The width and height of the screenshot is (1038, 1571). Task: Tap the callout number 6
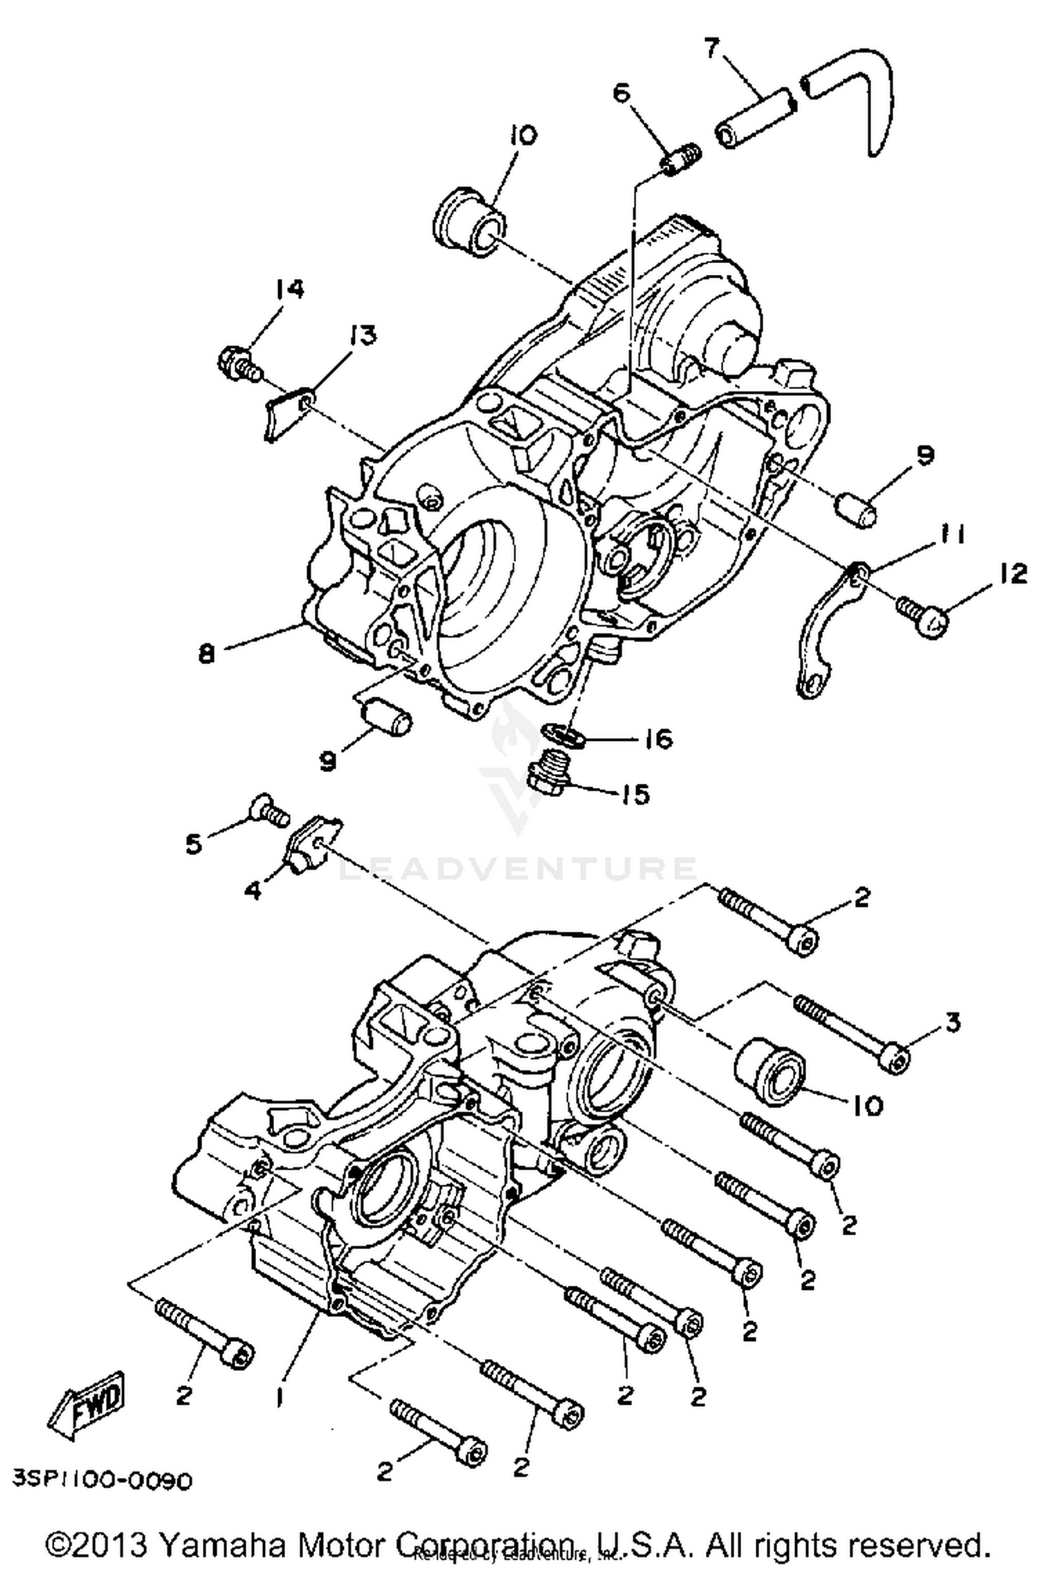[622, 91]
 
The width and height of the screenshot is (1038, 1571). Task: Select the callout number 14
[289, 289]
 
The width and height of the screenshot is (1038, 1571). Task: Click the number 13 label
[363, 336]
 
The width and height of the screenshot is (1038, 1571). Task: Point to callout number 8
[207, 653]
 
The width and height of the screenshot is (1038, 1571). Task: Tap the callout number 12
[1012, 574]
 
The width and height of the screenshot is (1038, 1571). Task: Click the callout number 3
[953, 1022]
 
